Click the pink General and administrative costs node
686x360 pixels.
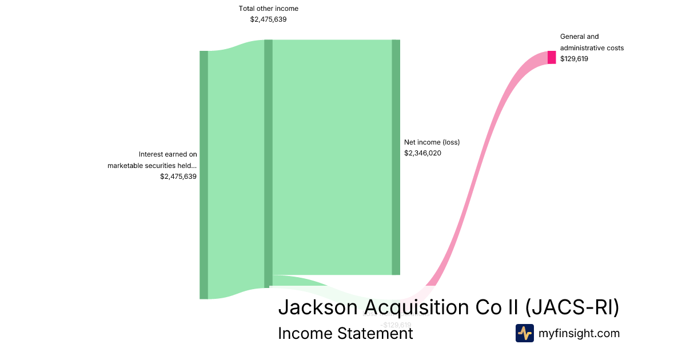click(552, 57)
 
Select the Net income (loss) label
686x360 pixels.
click(432, 142)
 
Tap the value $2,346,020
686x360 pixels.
click(422, 153)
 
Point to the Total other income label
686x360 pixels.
click(268, 9)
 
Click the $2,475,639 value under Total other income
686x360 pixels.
click(268, 19)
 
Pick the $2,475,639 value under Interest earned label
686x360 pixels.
click(178, 177)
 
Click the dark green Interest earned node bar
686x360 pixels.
click(204, 174)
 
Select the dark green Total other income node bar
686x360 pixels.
click(268, 163)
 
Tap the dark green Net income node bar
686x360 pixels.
click(396, 157)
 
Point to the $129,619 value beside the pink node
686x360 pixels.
click(574, 58)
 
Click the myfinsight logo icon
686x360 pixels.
click(524, 333)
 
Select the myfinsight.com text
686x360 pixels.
click(579, 333)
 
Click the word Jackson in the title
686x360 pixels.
click(318, 307)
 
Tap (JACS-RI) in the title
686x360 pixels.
click(572, 307)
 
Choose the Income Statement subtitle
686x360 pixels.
click(345, 333)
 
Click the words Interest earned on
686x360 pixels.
click(167, 154)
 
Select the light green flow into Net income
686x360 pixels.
click(332, 157)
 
